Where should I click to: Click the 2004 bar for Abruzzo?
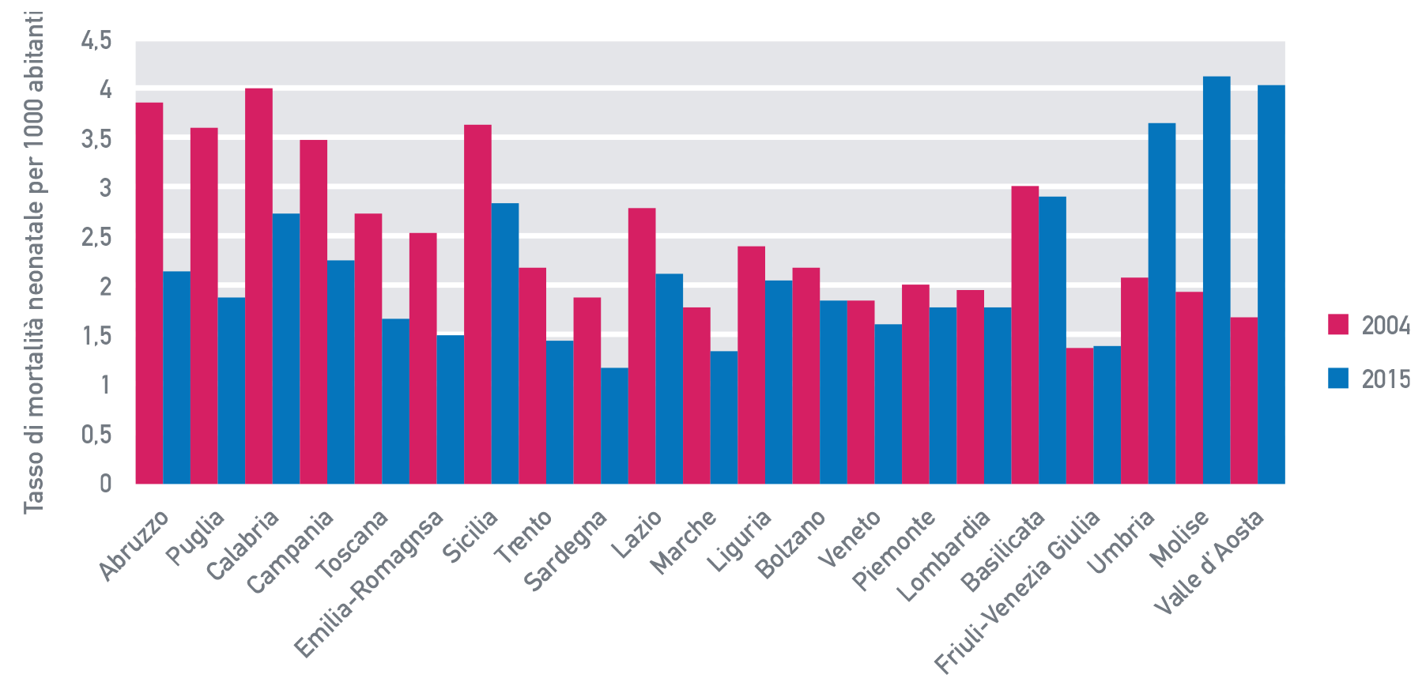[149, 293]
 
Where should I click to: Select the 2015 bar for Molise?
[1217, 280]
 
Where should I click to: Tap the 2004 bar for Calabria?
[258, 285]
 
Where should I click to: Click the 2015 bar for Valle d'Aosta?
[1271, 285]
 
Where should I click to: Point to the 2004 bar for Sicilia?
[477, 304]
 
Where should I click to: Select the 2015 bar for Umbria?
[1162, 303]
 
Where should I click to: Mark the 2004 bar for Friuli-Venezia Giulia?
[1080, 416]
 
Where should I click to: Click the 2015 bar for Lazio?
[670, 379]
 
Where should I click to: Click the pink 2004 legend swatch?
[1338, 325]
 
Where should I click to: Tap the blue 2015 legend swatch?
[1338, 379]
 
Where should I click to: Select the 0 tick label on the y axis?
[106, 483]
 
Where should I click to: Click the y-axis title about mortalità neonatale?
[34, 261]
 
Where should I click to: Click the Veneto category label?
[849, 537]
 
